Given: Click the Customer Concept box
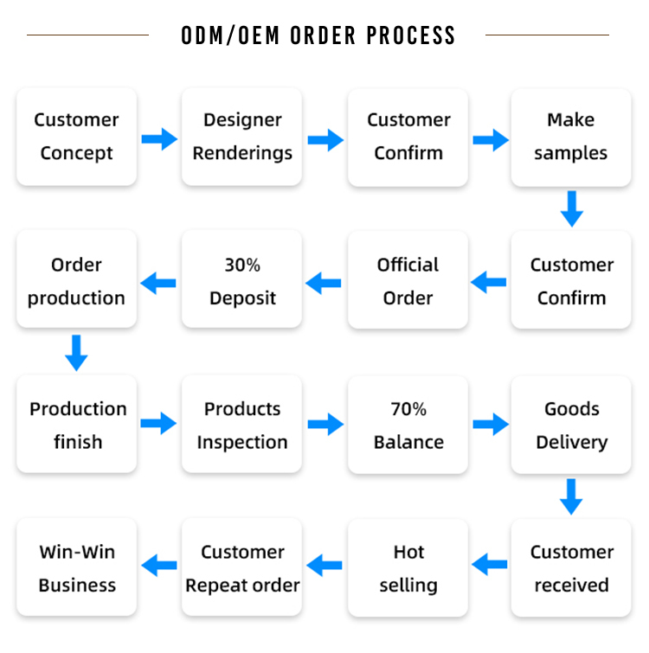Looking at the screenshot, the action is [x=77, y=137].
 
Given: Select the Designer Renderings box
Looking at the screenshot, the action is [x=241, y=137].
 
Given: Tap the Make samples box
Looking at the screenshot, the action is [x=571, y=138].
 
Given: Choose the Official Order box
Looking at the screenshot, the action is [x=408, y=279].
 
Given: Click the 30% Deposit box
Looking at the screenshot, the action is [x=241, y=278].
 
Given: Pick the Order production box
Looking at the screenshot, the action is [x=77, y=278].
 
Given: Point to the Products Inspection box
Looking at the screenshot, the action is [x=241, y=424].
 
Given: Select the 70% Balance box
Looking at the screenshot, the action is [x=408, y=425].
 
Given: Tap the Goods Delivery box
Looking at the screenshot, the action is [x=571, y=425].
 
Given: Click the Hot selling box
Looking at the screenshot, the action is [x=408, y=567].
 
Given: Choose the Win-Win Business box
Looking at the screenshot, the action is [x=77, y=567].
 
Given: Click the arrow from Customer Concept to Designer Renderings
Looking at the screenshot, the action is [x=159, y=139].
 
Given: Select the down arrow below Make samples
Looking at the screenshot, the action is [x=572, y=209].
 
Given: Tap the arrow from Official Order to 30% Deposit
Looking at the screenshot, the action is [x=324, y=283].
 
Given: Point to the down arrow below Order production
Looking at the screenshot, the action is [x=76, y=353].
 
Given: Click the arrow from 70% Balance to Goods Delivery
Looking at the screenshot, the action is [x=491, y=425].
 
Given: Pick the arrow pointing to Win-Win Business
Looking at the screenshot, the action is [x=159, y=565].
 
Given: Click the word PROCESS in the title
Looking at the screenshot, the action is [x=411, y=35].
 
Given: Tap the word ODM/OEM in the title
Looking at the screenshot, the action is [x=230, y=35].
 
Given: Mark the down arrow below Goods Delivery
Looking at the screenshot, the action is [x=571, y=496].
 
